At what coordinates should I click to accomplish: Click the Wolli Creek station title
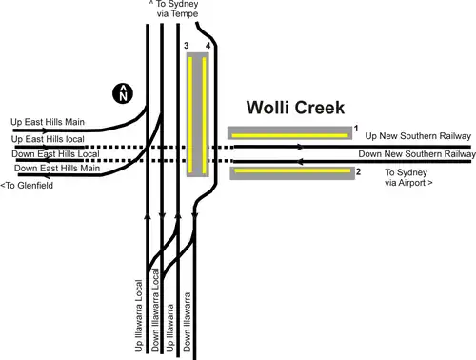pyautogui.click(x=295, y=108)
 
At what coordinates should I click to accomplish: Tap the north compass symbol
pyautogui.click(x=123, y=93)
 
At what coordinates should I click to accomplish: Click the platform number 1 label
pyautogui.click(x=356, y=129)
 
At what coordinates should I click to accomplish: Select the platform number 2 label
pyautogui.click(x=358, y=171)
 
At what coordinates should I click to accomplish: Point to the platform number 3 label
pyautogui.click(x=187, y=46)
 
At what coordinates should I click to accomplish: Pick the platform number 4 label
pyautogui.click(x=208, y=46)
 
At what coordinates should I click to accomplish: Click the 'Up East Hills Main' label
pyautogui.click(x=48, y=122)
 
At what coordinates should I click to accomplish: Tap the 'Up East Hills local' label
pyautogui.click(x=48, y=139)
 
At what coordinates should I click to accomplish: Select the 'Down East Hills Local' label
pyautogui.click(x=55, y=154)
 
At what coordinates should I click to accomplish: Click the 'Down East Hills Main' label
pyautogui.click(x=57, y=168)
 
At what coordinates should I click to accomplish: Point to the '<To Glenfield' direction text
pyautogui.click(x=27, y=185)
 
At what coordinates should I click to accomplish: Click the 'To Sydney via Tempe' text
pyautogui.click(x=174, y=9)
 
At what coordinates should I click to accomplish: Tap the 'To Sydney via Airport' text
pyautogui.click(x=408, y=177)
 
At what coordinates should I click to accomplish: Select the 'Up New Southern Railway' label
pyautogui.click(x=418, y=136)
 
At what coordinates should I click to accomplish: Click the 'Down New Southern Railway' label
pyautogui.click(x=417, y=154)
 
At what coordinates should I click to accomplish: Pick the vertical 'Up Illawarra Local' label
pyautogui.click(x=139, y=315)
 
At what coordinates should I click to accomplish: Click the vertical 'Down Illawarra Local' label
pyautogui.click(x=155, y=310)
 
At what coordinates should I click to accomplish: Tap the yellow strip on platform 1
pyautogui.click(x=289, y=136)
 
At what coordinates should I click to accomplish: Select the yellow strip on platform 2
pyautogui.click(x=292, y=170)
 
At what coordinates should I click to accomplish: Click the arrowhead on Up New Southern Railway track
pyautogui.click(x=300, y=147)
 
